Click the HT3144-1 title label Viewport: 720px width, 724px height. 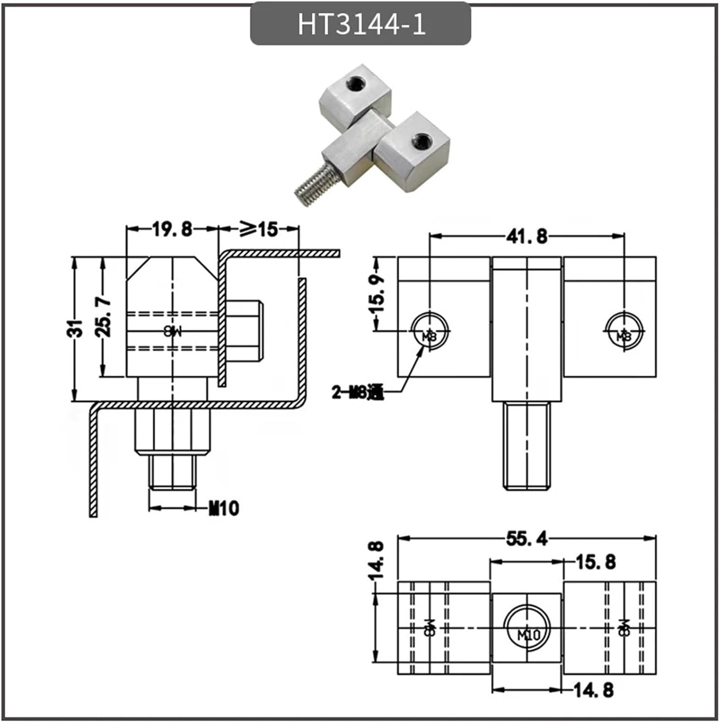[x=361, y=24]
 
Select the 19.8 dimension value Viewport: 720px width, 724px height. [x=173, y=229]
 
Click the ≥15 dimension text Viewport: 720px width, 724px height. [x=259, y=229]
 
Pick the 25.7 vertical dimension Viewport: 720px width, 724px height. [x=105, y=317]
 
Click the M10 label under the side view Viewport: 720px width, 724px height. [x=224, y=508]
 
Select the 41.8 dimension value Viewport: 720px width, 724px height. [x=527, y=236]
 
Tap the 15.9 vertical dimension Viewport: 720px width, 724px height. [x=378, y=293]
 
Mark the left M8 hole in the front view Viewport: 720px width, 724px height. [x=429, y=331]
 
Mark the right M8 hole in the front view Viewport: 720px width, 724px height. [x=625, y=331]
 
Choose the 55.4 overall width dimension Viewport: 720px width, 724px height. [x=527, y=538]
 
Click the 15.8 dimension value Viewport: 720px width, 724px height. [x=596, y=562]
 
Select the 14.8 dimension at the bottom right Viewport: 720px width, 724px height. [x=594, y=690]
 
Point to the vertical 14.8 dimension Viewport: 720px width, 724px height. [x=378, y=560]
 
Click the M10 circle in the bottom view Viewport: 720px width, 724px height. [x=527, y=628]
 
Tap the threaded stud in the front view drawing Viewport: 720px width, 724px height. [x=527, y=446]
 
